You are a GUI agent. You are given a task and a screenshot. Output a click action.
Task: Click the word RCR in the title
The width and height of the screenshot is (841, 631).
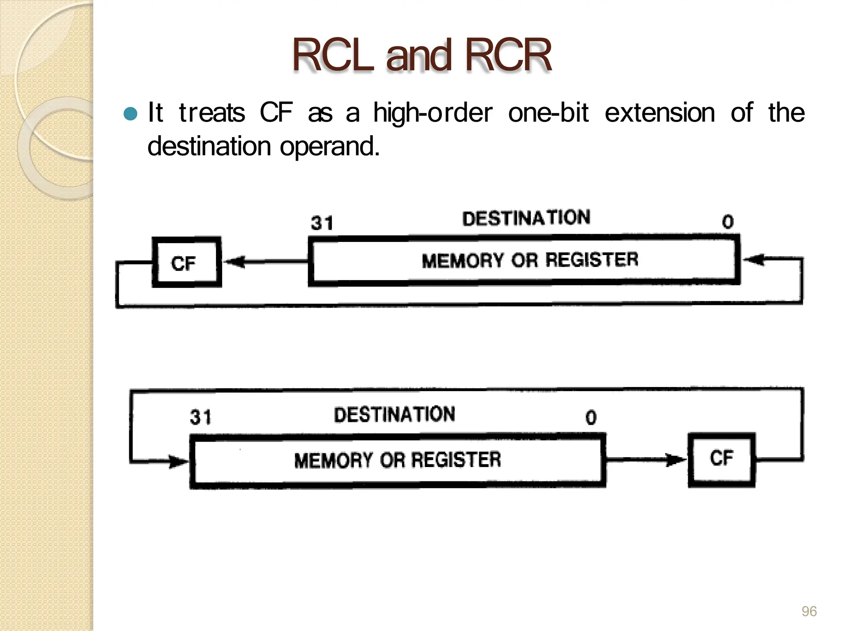click(x=508, y=55)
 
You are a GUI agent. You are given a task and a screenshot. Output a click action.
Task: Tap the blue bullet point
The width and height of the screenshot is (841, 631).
click(x=130, y=113)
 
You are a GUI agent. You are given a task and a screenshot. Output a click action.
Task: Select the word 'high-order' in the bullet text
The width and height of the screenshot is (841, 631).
click(x=432, y=113)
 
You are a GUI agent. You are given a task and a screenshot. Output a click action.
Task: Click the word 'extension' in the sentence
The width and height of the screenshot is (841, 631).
click(x=659, y=113)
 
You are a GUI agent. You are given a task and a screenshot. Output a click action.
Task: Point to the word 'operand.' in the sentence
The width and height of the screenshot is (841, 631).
click(x=330, y=147)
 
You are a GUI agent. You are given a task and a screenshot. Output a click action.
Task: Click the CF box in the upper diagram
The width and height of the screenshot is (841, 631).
click(x=186, y=263)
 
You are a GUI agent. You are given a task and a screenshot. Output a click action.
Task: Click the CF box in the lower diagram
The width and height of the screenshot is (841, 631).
click(x=722, y=459)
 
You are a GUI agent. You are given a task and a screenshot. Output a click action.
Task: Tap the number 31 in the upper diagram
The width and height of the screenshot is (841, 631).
click(x=322, y=223)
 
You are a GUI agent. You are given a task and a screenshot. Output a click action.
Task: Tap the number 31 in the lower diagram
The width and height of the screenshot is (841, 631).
click(x=200, y=417)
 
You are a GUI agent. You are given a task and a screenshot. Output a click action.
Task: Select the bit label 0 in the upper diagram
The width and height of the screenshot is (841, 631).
click(x=728, y=222)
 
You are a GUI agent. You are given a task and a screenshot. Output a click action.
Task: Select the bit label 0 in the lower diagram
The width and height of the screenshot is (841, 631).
click(x=591, y=417)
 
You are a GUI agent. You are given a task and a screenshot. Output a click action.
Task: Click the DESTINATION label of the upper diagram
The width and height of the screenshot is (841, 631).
click(x=526, y=218)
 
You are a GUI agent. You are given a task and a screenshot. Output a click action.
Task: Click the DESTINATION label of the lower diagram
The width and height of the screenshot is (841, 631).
click(x=394, y=414)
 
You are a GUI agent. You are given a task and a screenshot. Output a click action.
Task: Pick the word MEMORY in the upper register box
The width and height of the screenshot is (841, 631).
click(x=463, y=261)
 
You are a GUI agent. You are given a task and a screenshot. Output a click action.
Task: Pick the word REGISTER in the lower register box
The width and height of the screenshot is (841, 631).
click(x=456, y=459)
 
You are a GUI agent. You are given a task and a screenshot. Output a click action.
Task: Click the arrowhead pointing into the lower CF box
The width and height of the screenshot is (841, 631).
click(x=676, y=460)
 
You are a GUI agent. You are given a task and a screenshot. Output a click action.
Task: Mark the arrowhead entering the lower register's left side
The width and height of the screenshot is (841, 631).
click(x=178, y=461)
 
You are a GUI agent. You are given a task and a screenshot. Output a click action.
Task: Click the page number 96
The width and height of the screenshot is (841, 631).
click(x=809, y=611)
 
